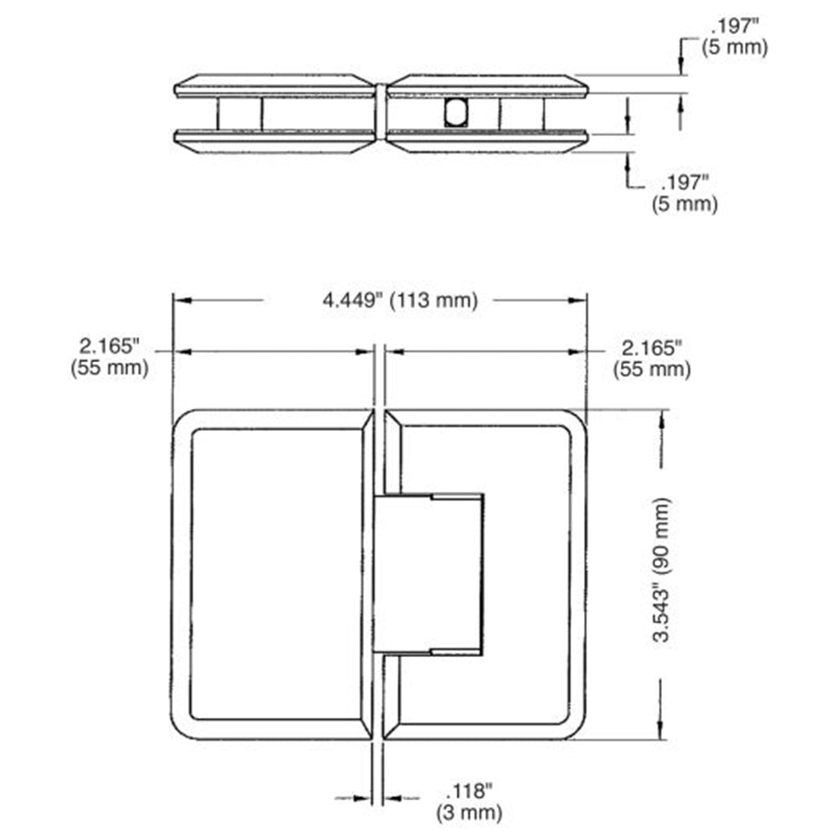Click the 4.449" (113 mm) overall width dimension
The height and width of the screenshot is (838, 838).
400,300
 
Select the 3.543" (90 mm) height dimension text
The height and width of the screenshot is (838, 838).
662,570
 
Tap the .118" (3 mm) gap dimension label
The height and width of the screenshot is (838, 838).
469,802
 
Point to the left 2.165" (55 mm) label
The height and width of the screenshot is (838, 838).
110,357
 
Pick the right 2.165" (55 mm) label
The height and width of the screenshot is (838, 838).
652,359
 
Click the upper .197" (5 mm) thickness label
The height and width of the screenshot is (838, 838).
735,36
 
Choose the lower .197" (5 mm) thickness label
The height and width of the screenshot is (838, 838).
685,194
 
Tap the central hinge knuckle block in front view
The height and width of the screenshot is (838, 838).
428,574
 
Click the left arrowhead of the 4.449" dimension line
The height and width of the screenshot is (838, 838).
182,300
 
